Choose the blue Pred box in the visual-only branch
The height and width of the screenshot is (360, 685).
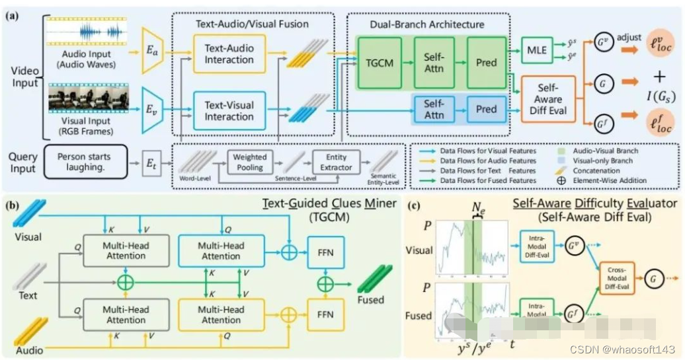coord(486,109)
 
